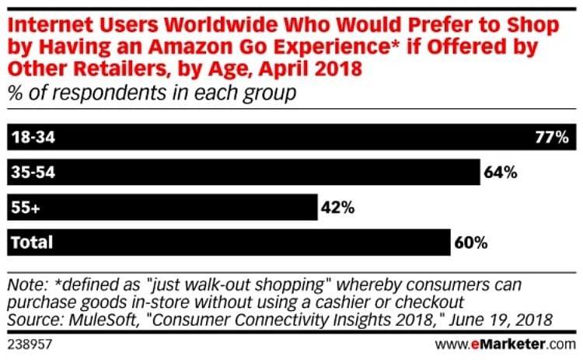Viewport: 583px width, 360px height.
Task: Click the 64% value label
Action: [x=501, y=173]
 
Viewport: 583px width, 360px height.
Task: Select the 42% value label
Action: [x=337, y=208]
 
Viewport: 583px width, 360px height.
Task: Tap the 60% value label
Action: [x=470, y=243]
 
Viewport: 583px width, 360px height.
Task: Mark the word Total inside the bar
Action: [x=31, y=243]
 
